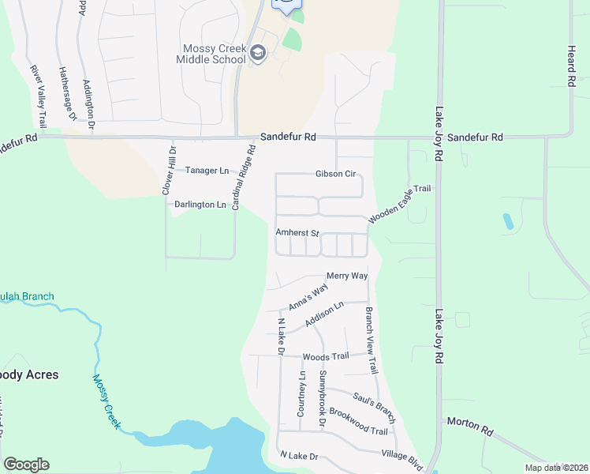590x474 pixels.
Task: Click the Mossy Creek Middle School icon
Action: click(x=258, y=53)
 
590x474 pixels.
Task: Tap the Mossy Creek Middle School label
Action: click(x=211, y=54)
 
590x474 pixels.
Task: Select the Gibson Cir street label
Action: click(x=336, y=174)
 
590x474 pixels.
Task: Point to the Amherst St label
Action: click(x=297, y=233)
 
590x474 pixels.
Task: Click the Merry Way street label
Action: click(x=348, y=275)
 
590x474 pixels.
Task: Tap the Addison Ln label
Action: click(x=324, y=316)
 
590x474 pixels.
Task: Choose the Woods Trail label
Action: click(x=325, y=357)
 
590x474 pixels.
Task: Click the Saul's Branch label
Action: click(x=373, y=400)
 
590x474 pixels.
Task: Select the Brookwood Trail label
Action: click(x=358, y=422)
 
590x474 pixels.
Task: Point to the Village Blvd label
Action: click(x=402, y=457)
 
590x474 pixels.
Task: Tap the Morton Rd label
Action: click(x=469, y=427)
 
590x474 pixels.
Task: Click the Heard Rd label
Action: click(x=570, y=66)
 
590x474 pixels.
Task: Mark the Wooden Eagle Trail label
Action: click(x=399, y=202)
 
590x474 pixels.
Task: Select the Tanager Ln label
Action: click(x=207, y=170)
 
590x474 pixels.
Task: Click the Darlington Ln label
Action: click(x=200, y=205)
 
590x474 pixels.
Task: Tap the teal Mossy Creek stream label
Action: click(x=106, y=402)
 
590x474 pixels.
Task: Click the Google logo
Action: click(x=26, y=465)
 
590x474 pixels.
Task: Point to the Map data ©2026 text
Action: click(x=556, y=468)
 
